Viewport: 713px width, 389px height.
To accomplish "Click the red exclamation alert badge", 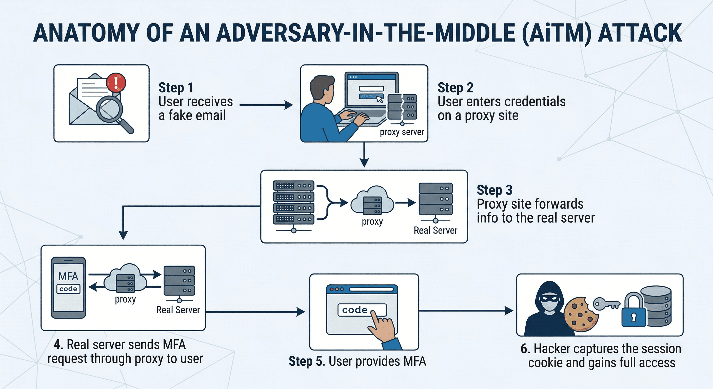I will [x=116, y=82].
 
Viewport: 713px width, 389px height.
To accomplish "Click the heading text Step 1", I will [x=176, y=88].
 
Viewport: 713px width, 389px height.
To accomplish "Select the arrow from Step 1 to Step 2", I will [x=266, y=105].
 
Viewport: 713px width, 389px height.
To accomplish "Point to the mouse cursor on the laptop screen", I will [x=380, y=99].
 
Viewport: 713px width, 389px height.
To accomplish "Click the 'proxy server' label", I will [x=402, y=132].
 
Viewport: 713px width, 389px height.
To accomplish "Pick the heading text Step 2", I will [x=455, y=88].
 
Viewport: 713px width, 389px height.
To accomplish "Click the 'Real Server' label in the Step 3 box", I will [x=435, y=230].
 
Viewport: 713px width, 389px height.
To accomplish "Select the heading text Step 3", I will [x=494, y=190].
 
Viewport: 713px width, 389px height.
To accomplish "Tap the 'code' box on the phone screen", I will [x=68, y=289].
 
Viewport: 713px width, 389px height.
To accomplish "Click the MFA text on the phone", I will [x=68, y=276].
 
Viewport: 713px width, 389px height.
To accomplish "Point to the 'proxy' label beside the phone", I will [x=125, y=300].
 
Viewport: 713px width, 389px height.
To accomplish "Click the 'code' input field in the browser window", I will [x=362, y=310].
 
